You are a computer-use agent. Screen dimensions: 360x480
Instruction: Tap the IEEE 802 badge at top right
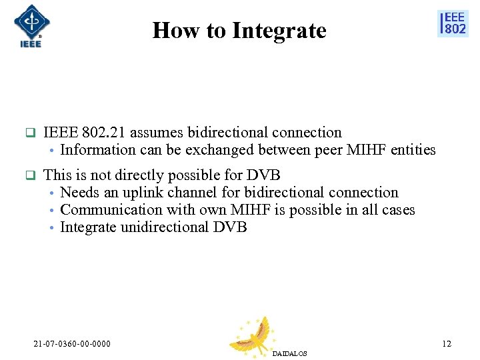point(453,24)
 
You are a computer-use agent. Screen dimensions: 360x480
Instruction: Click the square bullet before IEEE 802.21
point(29,133)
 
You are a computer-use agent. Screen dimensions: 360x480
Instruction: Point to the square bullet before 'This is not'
point(29,176)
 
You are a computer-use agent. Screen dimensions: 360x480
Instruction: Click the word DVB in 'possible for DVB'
point(263,175)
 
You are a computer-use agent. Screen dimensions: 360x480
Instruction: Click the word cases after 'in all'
point(397,210)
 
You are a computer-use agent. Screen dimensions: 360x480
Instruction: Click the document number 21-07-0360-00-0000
point(72,344)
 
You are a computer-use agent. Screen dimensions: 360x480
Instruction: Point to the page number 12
point(446,344)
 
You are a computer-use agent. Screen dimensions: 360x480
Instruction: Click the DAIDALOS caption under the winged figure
point(289,353)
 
